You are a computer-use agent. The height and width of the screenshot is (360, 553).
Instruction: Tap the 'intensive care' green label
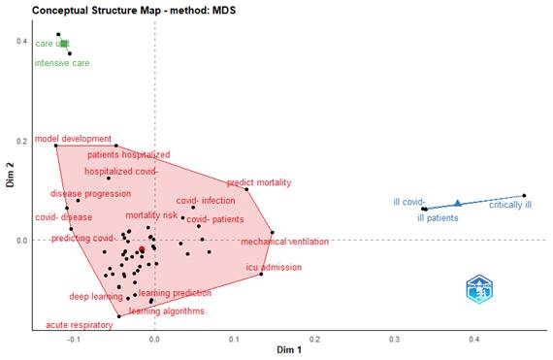63,64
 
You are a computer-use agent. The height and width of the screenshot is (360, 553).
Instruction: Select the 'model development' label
74,139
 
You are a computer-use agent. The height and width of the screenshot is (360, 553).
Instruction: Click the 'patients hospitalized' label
129,154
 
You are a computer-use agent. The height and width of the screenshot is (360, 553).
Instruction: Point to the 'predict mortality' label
259,182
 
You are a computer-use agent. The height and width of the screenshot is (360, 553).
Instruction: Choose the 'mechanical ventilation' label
284,242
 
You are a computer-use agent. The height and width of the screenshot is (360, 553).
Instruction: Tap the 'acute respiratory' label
80,325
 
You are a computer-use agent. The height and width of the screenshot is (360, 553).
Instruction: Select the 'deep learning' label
95,296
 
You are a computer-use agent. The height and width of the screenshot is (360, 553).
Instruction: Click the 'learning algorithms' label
167,311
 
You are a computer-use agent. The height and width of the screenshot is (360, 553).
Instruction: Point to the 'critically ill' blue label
509,206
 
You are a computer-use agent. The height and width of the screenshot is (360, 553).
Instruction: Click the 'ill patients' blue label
439,218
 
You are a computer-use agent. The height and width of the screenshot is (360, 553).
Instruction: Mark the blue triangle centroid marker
457,203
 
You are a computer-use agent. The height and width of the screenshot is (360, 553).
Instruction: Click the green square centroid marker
64,43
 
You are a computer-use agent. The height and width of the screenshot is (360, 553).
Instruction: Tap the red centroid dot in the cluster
142,249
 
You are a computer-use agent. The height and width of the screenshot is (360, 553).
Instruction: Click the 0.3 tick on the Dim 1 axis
394,341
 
